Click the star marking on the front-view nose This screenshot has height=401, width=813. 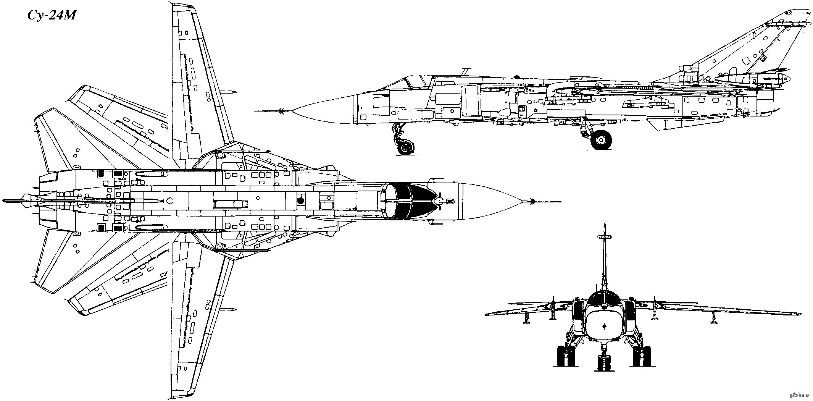coord(605,326)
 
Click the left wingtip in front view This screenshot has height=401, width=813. coord(487,314)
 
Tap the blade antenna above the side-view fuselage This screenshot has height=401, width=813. coord(464,71)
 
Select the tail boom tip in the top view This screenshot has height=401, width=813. coord(4,200)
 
